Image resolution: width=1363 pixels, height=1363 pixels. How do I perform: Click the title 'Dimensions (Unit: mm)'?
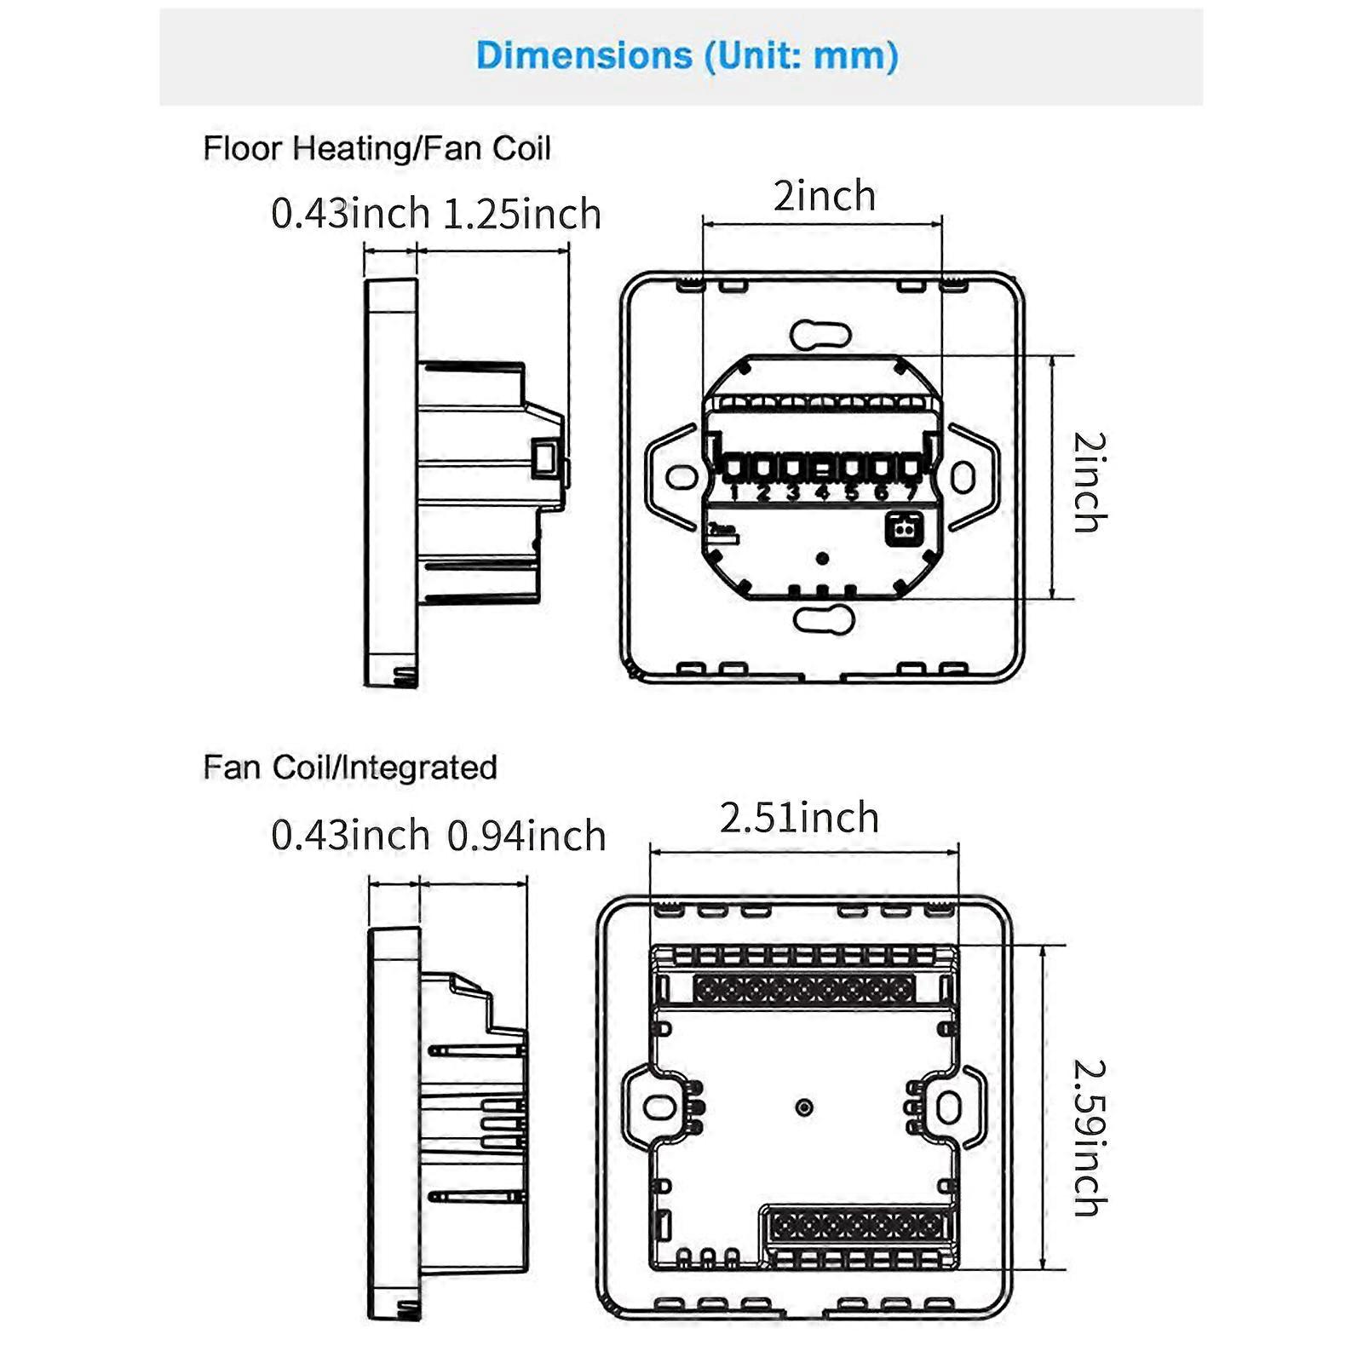[x=687, y=56]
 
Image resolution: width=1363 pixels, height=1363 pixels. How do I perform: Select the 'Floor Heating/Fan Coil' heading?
[x=377, y=148]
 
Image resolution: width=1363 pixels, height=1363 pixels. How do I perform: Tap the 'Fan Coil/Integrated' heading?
[x=350, y=768]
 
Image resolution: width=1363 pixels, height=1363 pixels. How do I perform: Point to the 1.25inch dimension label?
[x=522, y=214]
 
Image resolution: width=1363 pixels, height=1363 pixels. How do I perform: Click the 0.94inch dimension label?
[x=526, y=836]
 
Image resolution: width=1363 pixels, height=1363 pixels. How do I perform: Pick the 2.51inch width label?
[x=799, y=818]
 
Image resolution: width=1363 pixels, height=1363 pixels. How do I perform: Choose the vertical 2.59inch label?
[x=1090, y=1137]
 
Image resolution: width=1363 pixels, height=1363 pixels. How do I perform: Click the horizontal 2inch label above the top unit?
[x=824, y=196]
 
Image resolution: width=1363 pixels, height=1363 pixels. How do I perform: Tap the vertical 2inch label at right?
[x=1090, y=482]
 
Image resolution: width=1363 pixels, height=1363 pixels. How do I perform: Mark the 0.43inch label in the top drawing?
[x=350, y=213]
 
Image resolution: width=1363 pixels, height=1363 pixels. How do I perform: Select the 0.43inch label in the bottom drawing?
[x=350, y=835]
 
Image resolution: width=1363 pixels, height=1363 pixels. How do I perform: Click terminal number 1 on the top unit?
[x=733, y=492]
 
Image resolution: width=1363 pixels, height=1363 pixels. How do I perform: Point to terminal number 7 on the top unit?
[x=912, y=492]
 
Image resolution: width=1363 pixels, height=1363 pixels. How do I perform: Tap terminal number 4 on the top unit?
[x=822, y=492]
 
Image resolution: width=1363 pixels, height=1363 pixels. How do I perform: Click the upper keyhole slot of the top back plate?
[x=820, y=335]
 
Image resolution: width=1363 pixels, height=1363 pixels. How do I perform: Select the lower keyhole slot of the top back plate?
[x=824, y=619]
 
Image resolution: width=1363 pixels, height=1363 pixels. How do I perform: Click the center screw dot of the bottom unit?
[x=804, y=1107]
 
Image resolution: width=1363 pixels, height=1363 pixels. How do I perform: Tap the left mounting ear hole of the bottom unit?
[x=658, y=1107]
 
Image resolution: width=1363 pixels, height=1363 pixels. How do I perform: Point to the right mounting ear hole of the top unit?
[x=963, y=476]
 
